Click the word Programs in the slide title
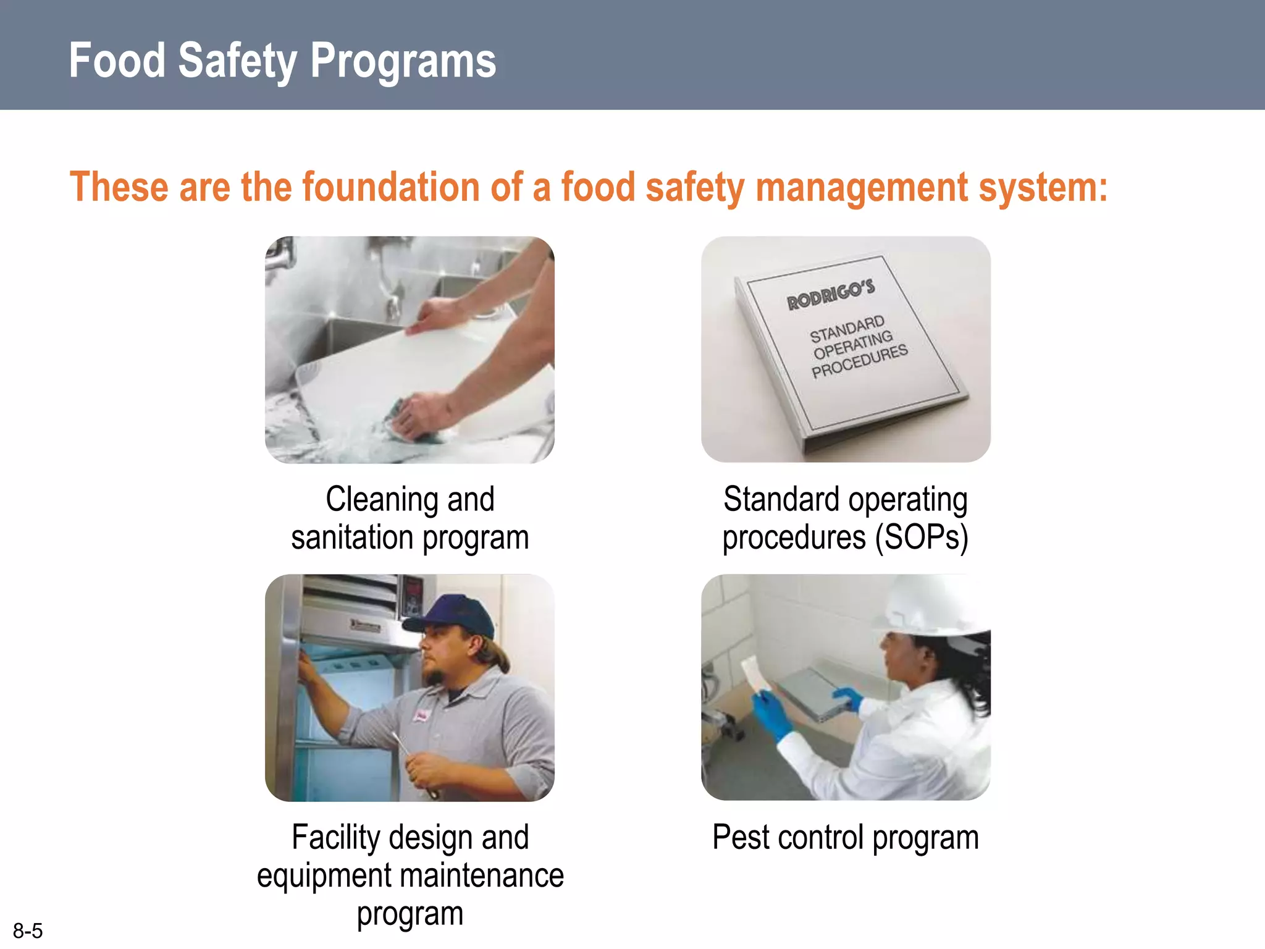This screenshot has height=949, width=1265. [403, 61]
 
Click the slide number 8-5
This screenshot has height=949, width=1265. [28, 930]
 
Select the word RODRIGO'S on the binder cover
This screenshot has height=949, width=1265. [831, 294]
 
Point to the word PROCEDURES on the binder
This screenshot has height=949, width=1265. [859, 361]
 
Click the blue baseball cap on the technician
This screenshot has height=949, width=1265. [454, 615]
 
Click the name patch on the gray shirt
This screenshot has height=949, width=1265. [422, 717]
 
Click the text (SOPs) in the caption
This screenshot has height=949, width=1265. [921, 538]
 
